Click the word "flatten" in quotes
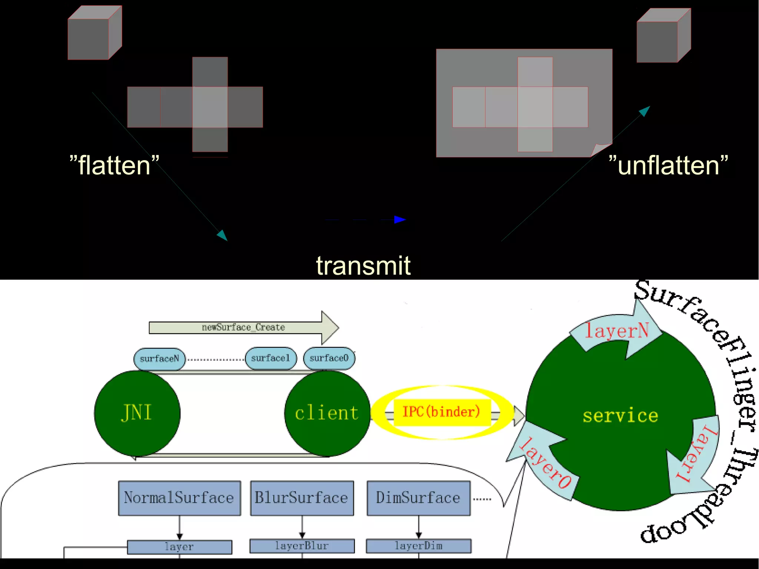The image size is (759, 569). pos(114,165)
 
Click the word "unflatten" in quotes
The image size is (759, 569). pos(668,165)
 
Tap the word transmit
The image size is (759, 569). pos(363,265)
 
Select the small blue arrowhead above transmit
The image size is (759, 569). pos(400,219)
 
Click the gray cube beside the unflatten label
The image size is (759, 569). pos(663,36)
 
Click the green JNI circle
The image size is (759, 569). pos(137,413)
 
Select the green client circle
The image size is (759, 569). pos(327,413)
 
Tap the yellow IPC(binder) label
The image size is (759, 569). pos(441,412)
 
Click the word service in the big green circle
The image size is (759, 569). pos(620,416)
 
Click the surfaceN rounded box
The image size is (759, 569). pos(159,359)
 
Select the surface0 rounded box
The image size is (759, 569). pos(329,358)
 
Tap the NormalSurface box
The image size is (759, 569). pos(179,498)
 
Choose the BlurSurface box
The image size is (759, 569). pos(302,498)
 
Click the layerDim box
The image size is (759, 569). pos(418,546)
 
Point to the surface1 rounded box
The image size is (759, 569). pos(271,358)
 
